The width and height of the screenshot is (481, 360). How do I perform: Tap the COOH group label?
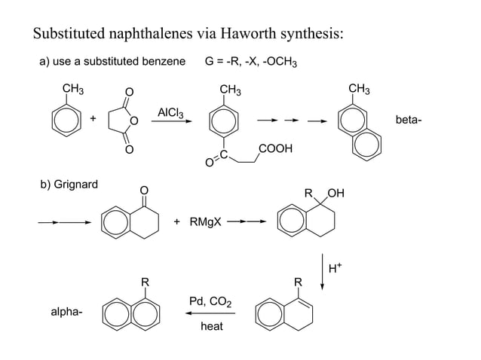pyautogui.click(x=275, y=149)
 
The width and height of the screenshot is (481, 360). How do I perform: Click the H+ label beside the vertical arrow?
pyautogui.click(x=335, y=265)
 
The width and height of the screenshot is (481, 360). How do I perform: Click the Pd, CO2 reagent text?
pyautogui.click(x=212, y=304)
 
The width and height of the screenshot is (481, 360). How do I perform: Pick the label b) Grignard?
pyautogui.click(x=69, y=185)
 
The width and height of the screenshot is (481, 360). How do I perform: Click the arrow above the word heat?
pyautogui.click(x=212, y=315)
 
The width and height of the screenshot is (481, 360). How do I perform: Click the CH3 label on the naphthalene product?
pyautogui.click(x=360, y=90)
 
